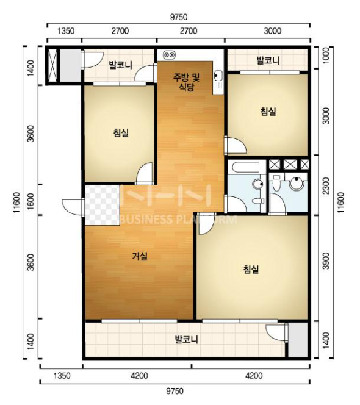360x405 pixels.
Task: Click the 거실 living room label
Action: tap(140, 256)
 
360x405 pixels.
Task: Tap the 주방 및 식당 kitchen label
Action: tap(186, 82)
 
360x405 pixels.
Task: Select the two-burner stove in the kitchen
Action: tap(170, 55)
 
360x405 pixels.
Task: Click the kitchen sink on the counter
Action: tap(218, 76)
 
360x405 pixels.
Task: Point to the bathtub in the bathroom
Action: tap(245, 167)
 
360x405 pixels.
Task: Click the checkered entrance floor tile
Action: tap(103, 205)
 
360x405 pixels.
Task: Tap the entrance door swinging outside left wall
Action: tap(73, 207)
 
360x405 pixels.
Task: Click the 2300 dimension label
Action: tap(326, 185)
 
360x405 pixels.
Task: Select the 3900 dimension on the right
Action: tap(326, 261)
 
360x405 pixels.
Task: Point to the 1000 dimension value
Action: tap(326, 56)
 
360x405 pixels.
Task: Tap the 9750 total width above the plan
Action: tap(179, 17)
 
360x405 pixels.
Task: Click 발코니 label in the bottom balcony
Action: tap(187, 339)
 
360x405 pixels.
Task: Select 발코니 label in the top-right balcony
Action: tap(268, 60)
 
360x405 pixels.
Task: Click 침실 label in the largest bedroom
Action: tap(251, 270)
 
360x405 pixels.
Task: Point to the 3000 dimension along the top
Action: tap(272, 31)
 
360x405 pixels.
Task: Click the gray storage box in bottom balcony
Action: tap(298, 340)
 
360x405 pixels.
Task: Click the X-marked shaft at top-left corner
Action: tap(52, 66)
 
